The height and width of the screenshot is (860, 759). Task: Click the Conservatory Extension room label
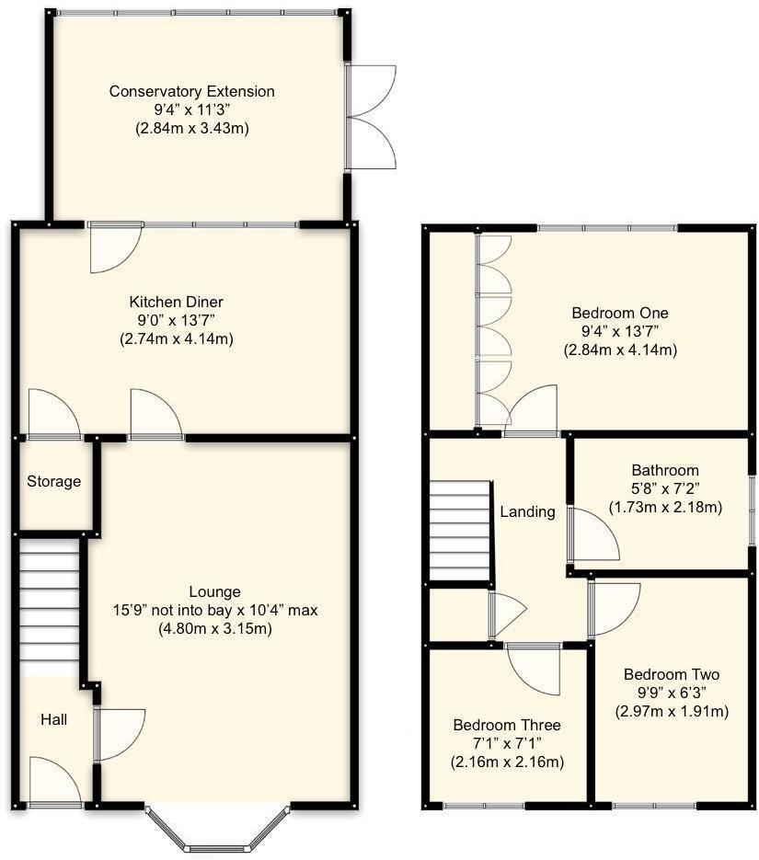click(x=191, y=91)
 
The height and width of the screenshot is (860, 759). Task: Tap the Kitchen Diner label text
click(x=176, y=302)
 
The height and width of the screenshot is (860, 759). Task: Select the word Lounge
click(x=214, y=591)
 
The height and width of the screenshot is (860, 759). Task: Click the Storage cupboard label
click(x=53, y=481)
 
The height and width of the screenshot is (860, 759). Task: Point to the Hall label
click(x=52, y=720)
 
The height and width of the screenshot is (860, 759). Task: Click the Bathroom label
click(x=664, y=470)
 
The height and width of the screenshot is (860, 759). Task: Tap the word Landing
click(x=527, y=511)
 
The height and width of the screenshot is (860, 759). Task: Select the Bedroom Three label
click(x=506, y=725)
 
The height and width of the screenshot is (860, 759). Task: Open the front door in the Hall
click(x=55, y=782)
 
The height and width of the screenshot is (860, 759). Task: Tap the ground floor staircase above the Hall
click(x=49, y=607)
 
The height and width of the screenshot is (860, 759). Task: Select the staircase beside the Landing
click(x=460, y=532)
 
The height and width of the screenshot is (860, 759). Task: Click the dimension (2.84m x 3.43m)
click(x=191, y=128)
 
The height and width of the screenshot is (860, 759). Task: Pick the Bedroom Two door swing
click(x=614, y=608)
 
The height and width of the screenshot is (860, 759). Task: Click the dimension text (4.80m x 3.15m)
click(x=214, y=628)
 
